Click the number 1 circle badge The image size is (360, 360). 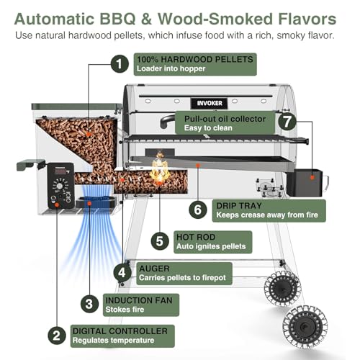tap(120, 64)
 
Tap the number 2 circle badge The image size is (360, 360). tap(57, 336)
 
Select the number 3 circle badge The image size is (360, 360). tap(89, 304)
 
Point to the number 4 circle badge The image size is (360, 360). tap(122, 273)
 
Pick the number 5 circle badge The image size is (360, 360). tap(160, 241)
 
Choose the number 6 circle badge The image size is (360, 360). tap(197, 210)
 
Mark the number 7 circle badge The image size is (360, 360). tap(287, 122)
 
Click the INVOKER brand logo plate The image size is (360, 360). tap(210, 103)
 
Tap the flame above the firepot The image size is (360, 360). tap(159, 168)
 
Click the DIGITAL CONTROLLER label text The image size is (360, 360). tap(120, 331)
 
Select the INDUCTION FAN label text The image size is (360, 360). tap(139, 300)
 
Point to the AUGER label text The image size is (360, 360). tap(154, 269)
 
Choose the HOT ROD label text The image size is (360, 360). tap(196, 237)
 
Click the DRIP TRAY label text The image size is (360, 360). tap(239, 206)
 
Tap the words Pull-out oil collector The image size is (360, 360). tap(225, 119)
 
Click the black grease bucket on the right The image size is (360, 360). tap(305, 182)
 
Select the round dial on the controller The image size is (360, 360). tap(60, 186)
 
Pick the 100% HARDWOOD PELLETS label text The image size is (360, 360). tap(195, 59)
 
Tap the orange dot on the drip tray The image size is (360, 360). tap(198, 166)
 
